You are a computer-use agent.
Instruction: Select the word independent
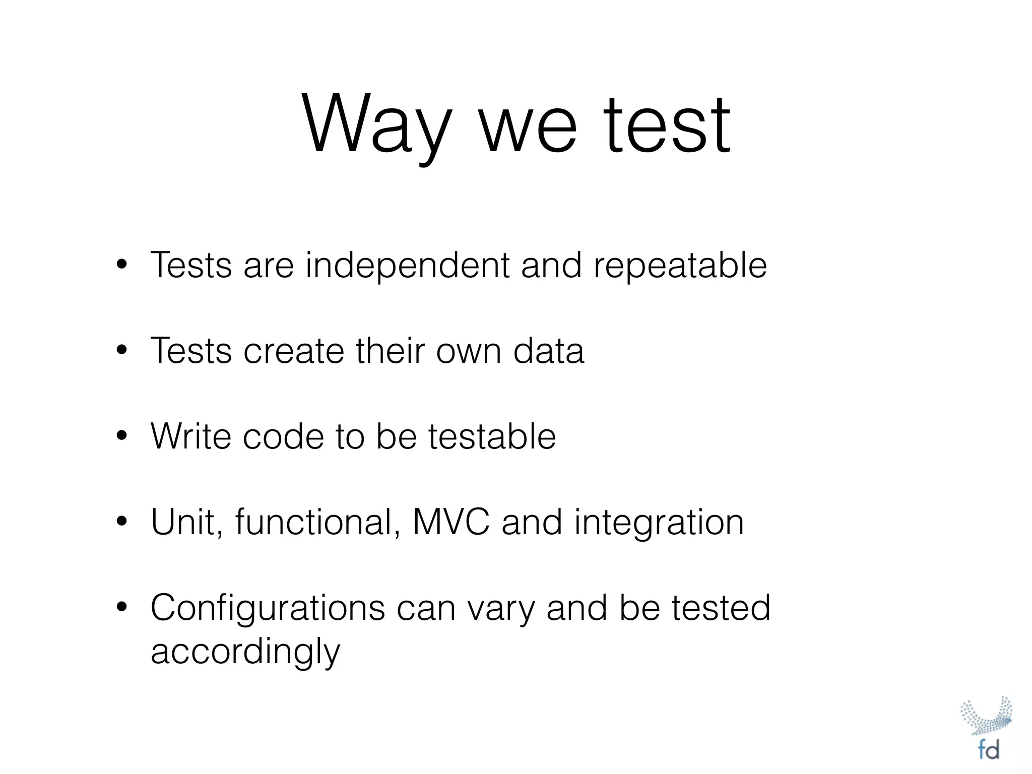tap(407, 265)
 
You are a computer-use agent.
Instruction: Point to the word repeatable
tap(680, 266)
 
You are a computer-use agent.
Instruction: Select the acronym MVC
tap(450, 522)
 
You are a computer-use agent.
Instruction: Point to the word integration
tap(659, 523)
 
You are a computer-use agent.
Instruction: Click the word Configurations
tap(268, 609)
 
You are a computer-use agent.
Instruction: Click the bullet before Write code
tap(121, 435)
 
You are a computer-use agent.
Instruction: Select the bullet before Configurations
tap(121, 607)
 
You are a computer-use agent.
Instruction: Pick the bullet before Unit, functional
tap(121, 522)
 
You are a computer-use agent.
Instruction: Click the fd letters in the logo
tap(988, 750)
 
